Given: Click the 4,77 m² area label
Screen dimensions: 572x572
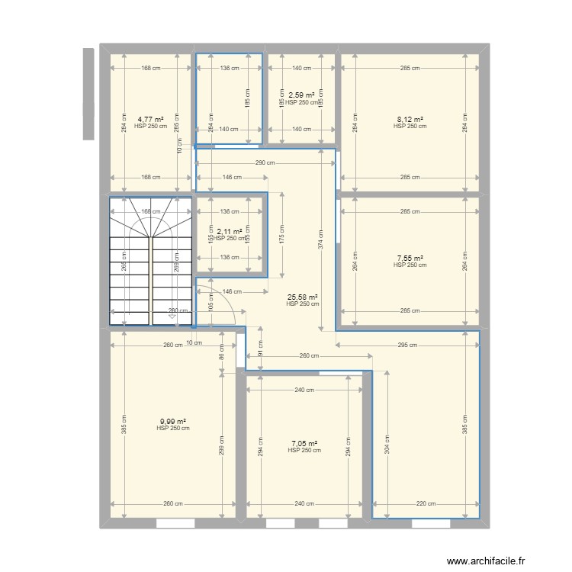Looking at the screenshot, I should (150, 120).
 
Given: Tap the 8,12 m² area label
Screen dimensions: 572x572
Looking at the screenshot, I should (410, 120).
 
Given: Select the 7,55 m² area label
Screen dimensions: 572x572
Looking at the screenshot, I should (410, 259).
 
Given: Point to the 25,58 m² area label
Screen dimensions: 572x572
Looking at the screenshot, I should (302, 297).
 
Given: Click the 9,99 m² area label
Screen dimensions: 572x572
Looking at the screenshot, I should (173, 421).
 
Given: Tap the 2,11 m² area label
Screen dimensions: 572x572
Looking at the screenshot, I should (230, 232).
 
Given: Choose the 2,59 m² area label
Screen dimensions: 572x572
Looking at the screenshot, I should (301, 95).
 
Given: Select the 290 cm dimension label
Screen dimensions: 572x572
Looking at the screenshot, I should (265, 162).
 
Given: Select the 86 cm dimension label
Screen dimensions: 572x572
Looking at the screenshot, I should (221, 352).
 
